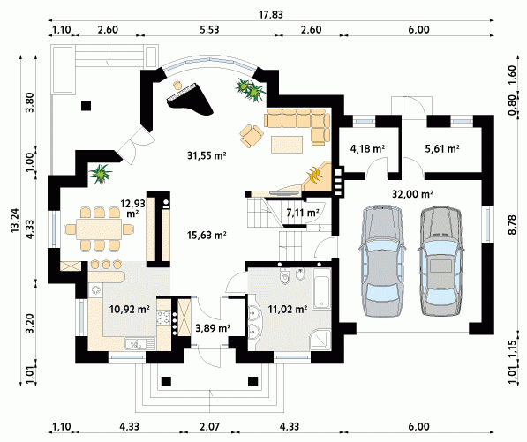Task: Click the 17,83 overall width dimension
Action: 271,15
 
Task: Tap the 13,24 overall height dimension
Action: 15,221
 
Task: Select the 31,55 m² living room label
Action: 207,155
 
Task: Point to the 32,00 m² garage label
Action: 412,194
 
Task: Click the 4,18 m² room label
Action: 367,148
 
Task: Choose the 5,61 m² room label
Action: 442,148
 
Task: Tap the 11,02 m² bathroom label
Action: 288,309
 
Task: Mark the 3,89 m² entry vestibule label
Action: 213,328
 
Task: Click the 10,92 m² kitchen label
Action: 130,309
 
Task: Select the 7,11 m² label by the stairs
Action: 303,213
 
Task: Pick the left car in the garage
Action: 382,261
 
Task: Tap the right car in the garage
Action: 440,261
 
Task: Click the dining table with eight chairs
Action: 99,229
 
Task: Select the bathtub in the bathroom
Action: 321,288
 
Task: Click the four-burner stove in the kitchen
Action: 163,318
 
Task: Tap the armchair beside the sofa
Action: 251,136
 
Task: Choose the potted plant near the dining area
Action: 101,174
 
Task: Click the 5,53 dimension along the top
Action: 209,30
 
